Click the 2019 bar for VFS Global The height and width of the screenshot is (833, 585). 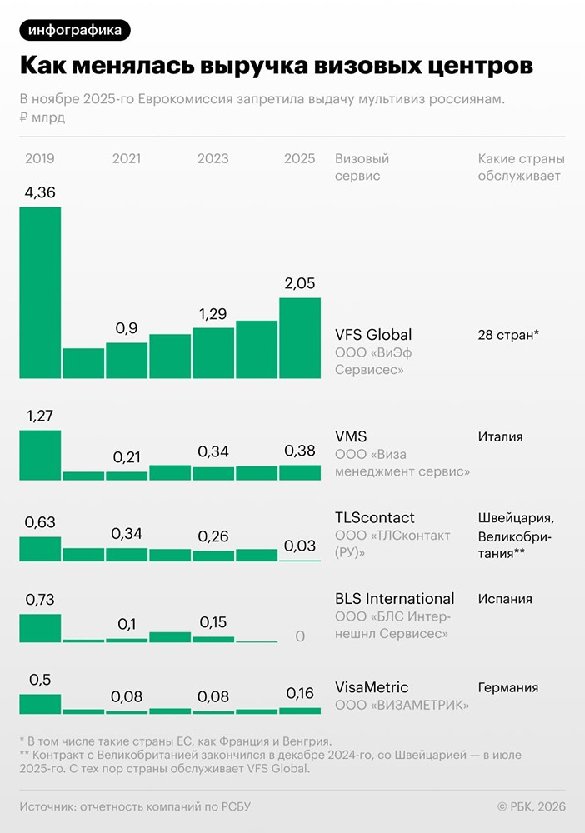point(40,292)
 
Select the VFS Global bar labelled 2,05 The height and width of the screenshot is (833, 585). point(300,338)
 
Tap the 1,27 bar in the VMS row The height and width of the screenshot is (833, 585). point(40,455)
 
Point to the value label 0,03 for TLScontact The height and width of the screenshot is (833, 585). point(300,546)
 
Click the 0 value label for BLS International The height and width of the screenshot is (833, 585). point(300,636)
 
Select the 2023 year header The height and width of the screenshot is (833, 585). point(212,158)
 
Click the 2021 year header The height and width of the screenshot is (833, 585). point(126,158)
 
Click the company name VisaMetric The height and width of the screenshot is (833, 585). point(372,687)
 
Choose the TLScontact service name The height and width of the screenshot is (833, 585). point(374,517)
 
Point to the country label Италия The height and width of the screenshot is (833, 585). point(500,436)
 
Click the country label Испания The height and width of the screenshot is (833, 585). point(505,598)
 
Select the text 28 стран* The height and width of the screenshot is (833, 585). point(508,335)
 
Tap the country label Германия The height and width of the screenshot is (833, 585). point(507,687)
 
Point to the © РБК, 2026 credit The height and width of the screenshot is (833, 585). point(531,806)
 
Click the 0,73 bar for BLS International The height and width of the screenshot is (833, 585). point(40,627)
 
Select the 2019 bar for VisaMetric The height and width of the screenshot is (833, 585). point(40,704)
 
